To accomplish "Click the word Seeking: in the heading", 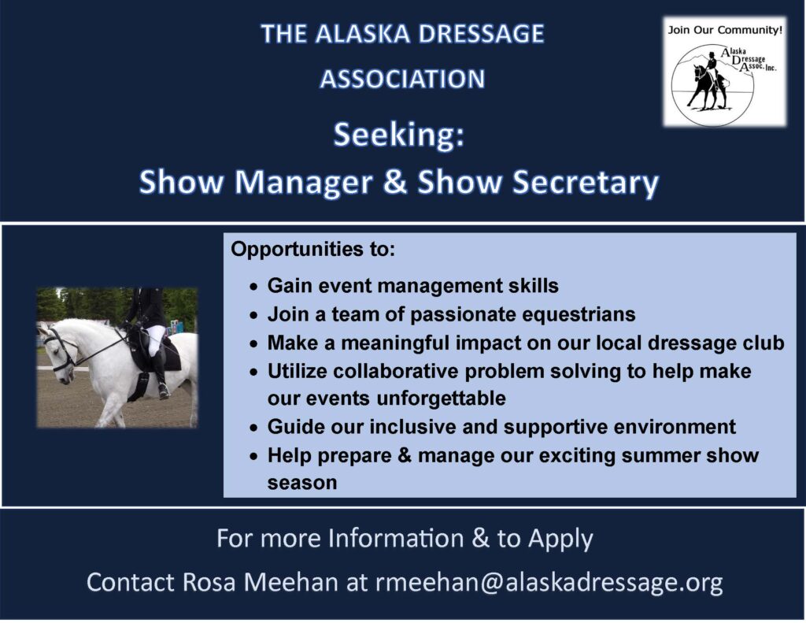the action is pos(399,135).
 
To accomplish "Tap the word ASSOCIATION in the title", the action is pos(402,79).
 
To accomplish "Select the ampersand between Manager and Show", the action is pos(395,182).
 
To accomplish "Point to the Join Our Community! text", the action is pos(725,30).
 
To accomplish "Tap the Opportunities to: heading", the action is pos(313,249).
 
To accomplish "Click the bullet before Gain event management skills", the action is pos(253,287).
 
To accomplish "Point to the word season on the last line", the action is pos(302,483).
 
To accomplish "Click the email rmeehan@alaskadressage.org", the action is pos(549,582).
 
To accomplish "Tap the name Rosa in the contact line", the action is pos(209,582).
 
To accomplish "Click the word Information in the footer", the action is pos(396,539).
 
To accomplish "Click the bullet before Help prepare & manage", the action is pos(253,457).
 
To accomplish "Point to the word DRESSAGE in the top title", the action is pos(481,34).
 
